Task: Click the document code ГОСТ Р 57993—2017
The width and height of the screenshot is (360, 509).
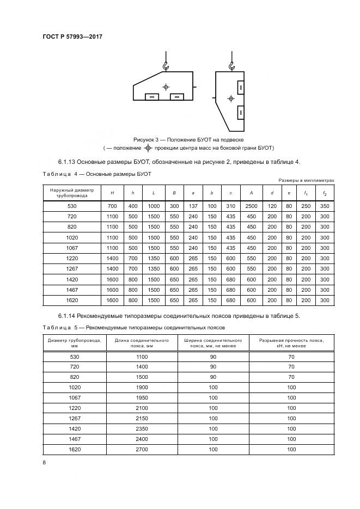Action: pyautogui.click(x=72, y=36)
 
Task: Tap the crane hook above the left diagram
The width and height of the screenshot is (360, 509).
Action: pyautogui.click(x=165, y=66)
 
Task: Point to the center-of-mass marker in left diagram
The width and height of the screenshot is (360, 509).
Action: pyautogui.click(x=166, y=87)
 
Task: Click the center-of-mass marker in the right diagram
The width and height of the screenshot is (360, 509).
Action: pyautogui.click(x=230, y=99)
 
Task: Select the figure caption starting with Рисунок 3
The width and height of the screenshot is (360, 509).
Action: pyautogui.click(x=187, y=140)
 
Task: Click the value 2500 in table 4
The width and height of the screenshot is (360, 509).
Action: pyautogui.click(x=251, y=206)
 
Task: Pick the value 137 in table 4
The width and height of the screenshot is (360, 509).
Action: pyautogui.click(x=193, y=206)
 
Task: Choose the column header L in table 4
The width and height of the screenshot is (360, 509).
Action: pyautogui.click(x=154, y=193)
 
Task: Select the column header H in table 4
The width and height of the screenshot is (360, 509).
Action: pyautogui.click(x=112, y=193)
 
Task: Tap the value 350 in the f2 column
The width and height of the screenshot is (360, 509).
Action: pyautogui.click(x=325, y=206)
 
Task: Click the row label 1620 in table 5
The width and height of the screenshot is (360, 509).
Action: pyautogui.click(x=74, y=450)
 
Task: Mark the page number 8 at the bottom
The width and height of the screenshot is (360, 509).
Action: pyautogui.click(x=44, y=463)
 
